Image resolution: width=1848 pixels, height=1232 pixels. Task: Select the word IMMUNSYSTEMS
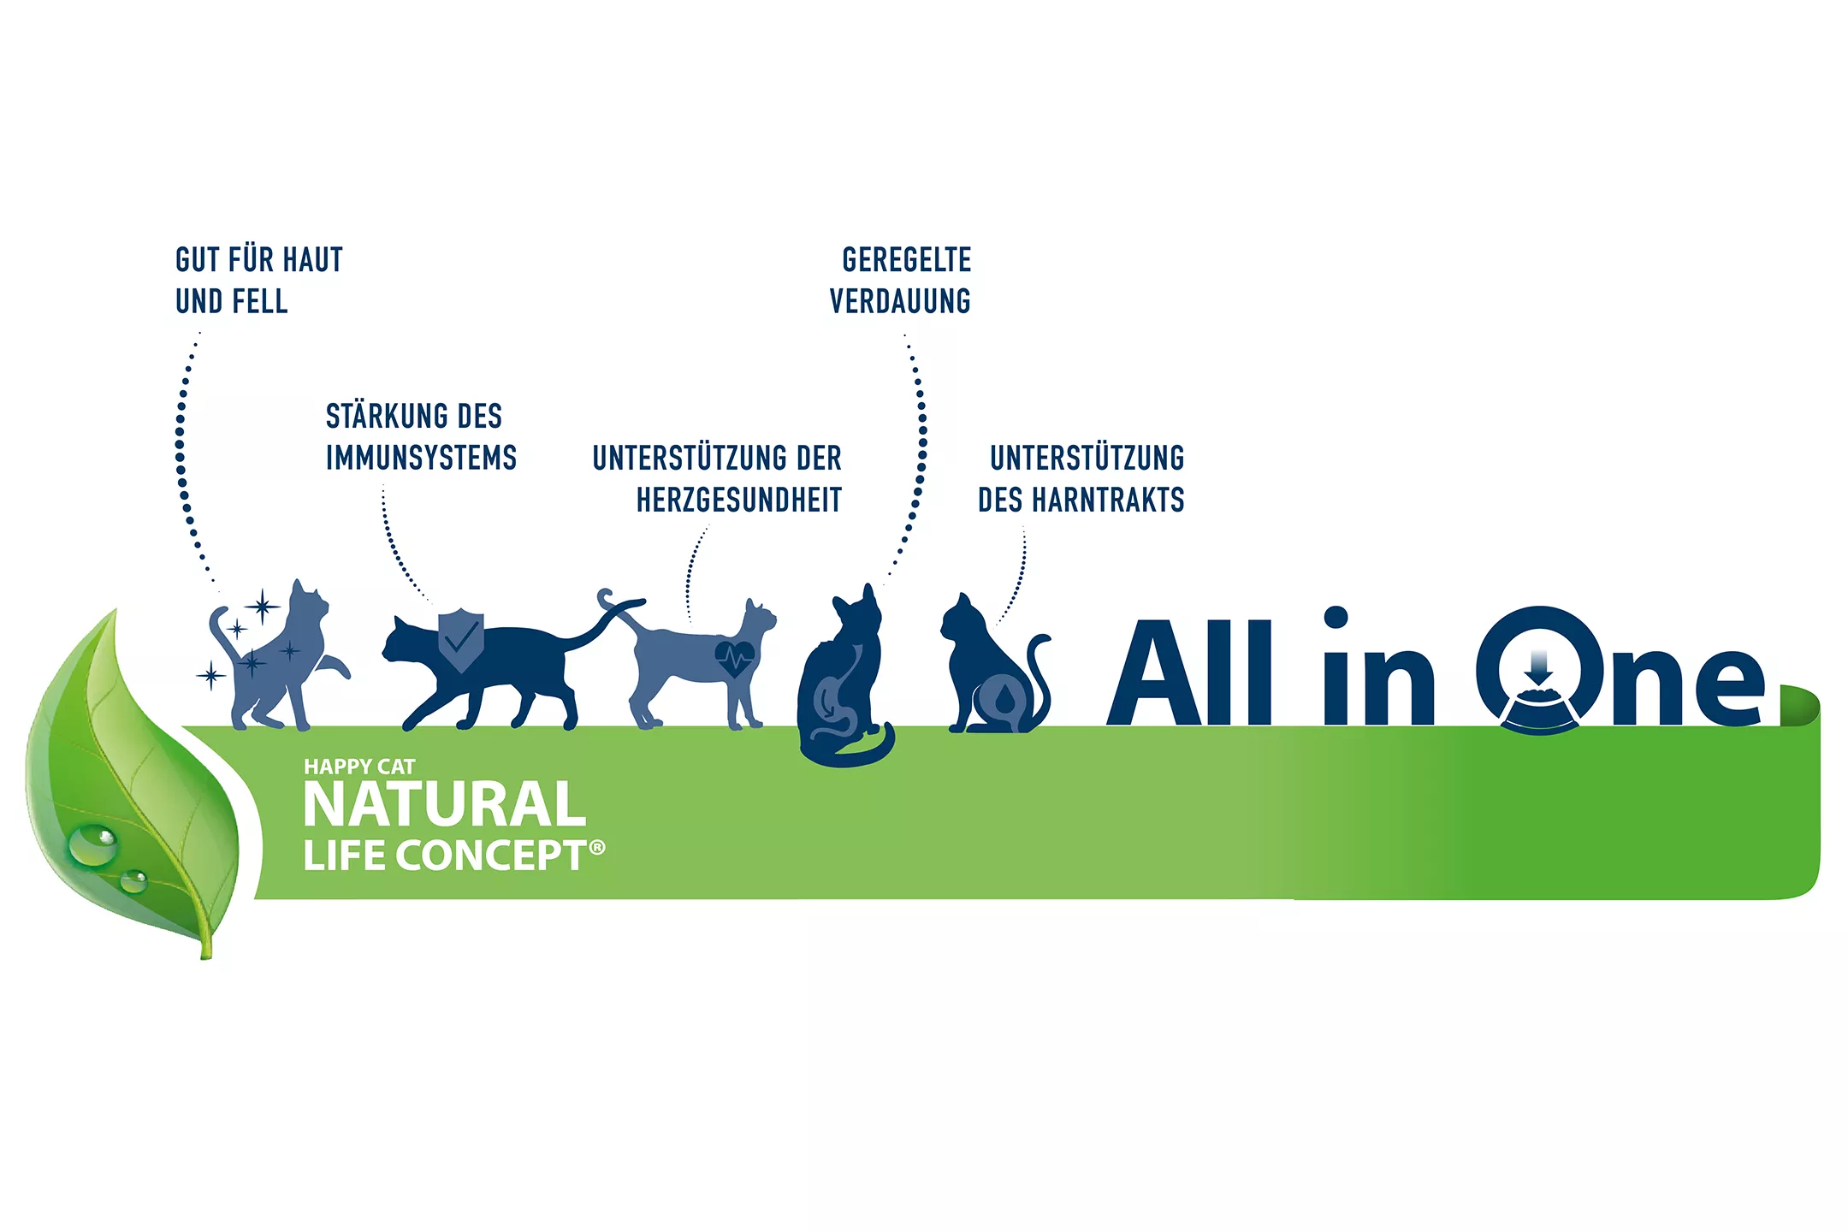421,459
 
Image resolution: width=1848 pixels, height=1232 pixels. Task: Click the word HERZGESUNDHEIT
739,500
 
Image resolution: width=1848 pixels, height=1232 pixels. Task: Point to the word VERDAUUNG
900,302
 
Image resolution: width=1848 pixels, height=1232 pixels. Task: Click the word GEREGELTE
907,260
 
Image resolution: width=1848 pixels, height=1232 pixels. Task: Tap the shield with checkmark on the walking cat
461,638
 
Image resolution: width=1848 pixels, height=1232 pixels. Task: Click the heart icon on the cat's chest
735,658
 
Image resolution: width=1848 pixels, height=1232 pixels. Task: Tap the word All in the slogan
1189,673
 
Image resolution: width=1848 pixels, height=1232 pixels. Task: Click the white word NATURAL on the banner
445,805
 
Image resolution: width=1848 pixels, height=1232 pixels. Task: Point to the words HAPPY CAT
359,767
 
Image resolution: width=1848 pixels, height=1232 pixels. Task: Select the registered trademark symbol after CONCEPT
597,847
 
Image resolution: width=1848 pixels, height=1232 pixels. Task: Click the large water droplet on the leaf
92,844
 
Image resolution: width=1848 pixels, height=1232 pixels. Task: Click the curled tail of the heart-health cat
606,596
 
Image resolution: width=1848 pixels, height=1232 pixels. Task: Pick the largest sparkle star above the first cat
263,607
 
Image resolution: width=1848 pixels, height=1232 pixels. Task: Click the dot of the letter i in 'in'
1336,618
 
